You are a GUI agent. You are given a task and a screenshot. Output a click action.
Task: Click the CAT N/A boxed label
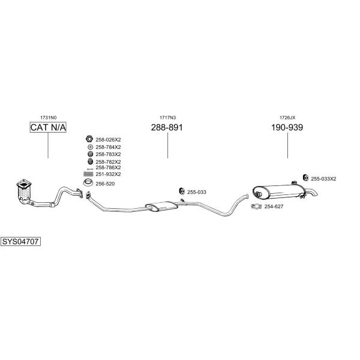pos(48,128)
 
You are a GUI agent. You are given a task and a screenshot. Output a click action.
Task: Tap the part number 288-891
pos(167,128)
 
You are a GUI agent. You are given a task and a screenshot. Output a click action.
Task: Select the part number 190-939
pos(287,128)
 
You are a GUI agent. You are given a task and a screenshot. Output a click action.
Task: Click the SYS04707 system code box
pos(20,241)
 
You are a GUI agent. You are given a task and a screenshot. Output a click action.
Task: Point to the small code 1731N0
pos(48,118)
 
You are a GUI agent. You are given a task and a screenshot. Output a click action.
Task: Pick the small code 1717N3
pos(167,118)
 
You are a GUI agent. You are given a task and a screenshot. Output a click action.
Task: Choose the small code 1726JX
pos(287,118)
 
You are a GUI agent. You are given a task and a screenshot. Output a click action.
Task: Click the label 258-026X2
pos(108,139)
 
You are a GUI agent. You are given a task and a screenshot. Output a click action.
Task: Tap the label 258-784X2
pos(108,147)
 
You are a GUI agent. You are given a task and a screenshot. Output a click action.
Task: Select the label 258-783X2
pos(108,154)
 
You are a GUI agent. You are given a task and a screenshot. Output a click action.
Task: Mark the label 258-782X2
pos(108,161)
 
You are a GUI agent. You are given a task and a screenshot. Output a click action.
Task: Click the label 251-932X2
pos(108,173)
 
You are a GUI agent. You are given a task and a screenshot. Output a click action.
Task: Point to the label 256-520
pos(106,183)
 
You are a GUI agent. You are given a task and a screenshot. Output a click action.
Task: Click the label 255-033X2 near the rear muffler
pos(324,178)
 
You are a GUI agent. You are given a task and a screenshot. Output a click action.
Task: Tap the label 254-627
pos(274,206)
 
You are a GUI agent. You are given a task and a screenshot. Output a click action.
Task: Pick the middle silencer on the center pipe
pos(162,206)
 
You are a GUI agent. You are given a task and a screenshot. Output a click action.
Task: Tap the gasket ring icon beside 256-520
pos(87,183)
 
